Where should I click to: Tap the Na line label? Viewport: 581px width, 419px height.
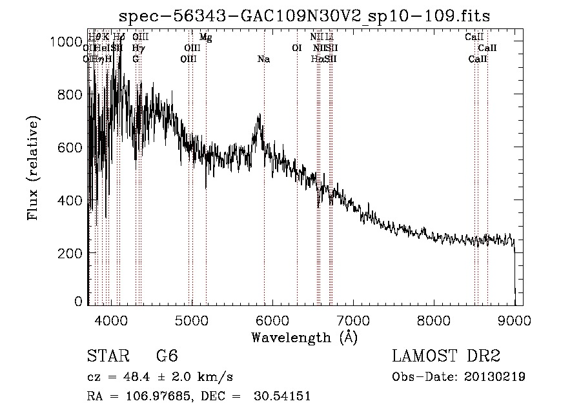coord(263,59)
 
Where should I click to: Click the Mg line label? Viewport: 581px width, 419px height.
coord(205,37)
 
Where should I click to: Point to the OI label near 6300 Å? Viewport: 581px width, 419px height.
coord(297,48)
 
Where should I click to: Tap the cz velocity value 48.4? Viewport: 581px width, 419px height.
coord(130,377)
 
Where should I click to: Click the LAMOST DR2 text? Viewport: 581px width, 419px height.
coord(446,356)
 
